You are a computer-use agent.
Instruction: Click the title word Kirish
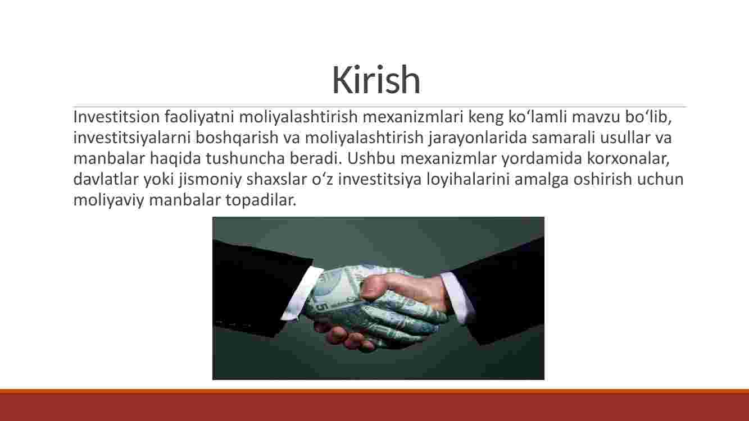point(376,80)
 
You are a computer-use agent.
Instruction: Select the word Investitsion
point(116,117)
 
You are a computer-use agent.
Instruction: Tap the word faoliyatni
point(199,117)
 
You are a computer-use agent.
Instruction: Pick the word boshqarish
point(237,138)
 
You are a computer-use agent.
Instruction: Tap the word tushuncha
point(245,158)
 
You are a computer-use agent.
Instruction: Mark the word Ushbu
point(371,158)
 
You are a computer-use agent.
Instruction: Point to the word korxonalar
point(628,159)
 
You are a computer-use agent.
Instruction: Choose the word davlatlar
point(106,179)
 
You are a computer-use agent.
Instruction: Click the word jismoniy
point(210,180)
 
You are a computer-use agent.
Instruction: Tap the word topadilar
point(261,201)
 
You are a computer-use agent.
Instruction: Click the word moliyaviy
point(108,201)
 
